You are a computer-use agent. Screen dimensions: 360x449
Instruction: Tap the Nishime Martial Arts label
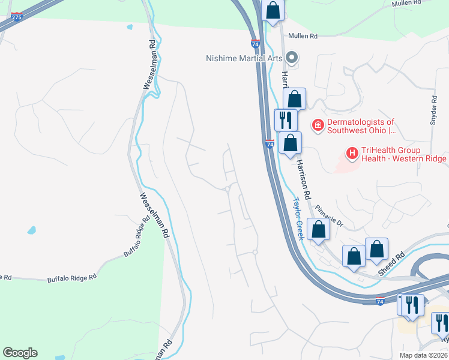pyautogui.click(x=244, y=58)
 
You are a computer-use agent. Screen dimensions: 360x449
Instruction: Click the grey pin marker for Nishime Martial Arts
pyautogui.click(x=292, y=58)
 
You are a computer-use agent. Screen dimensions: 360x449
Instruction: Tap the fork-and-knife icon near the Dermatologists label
pyautogui.click(x=285, y=120)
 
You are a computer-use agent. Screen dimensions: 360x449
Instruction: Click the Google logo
pyautogui.click(x=20, y=353)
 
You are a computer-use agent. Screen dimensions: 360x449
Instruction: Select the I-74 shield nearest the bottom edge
pyautogui.click(x=380, y=301)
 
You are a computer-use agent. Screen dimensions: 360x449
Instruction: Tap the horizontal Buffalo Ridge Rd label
pyautogui.click(x=72, y=279)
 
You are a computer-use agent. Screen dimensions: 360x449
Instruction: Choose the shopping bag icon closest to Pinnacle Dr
pyautogui.click(x=318, y=230)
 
